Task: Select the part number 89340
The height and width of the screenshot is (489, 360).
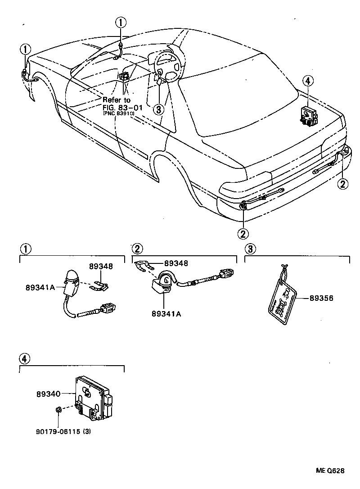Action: [x=48, y=394]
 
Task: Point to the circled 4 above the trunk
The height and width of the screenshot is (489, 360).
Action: [x=307, y=81]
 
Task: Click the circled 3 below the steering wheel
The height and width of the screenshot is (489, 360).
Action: [x=158, y=109]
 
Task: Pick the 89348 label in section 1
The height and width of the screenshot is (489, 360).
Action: [x=101, y=266]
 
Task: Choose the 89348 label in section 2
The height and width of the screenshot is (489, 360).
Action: [x=176, y=263]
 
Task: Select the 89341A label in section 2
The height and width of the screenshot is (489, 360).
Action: [x=166, y=314]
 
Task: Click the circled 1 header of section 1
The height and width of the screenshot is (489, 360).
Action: [x=25, y=248]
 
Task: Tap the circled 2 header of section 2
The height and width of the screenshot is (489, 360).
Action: [x=137, y=248]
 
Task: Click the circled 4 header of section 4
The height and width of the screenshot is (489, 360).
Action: [x=25, y=358]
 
